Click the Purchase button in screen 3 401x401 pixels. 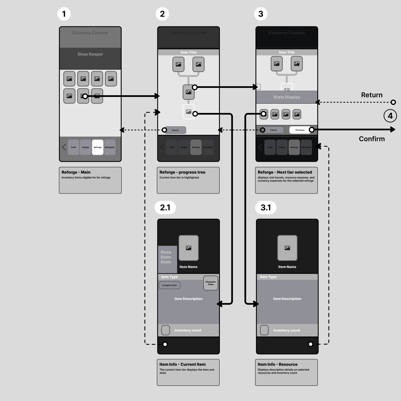pos(300,130)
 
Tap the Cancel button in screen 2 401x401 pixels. pos(175,130)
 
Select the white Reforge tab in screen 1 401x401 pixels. pos(98,147)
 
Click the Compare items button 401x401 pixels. pos(169,285)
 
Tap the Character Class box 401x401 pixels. pos(211,283)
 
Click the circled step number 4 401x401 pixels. pos(390,116)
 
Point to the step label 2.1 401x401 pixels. pos(165,208)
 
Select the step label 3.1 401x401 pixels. pos(266,208)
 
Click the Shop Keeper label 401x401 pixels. pos(90,54)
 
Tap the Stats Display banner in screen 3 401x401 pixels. pos(287,97)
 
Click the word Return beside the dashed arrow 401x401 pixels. pos(372,95)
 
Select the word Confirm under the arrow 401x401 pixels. pos(372,139)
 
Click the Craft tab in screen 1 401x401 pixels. pos(74,147)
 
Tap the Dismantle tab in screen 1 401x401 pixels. pos(110,147)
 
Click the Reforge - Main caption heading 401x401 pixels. pos(76,172)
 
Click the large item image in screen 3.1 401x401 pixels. pos(287,248)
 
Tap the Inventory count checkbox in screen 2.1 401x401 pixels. pos(165,330)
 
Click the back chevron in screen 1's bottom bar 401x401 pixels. pos(64,147)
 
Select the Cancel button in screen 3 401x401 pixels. pos(273,130)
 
